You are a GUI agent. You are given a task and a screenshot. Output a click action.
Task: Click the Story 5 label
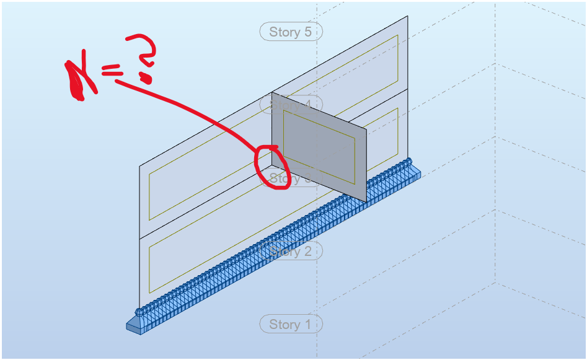pos(291,32)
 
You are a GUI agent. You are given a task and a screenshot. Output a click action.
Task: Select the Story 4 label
pos(291,104)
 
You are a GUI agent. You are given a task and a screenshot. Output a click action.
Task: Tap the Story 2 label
pos(291,252)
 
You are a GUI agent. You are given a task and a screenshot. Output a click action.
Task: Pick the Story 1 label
pos(291,324)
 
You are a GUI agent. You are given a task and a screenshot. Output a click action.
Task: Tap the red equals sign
pos(112,73)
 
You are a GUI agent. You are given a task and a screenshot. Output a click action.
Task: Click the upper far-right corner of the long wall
pos(408,16)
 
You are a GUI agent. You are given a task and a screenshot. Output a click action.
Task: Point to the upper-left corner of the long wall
pos(139,166)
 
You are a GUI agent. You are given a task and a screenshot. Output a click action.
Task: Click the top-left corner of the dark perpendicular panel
pos(272,93)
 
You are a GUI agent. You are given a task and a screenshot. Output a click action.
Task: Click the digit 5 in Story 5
pos(307,32)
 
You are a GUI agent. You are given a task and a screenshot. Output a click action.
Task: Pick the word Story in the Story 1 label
pos(284,324)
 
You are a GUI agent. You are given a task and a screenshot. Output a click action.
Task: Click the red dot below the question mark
pos(146,77)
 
